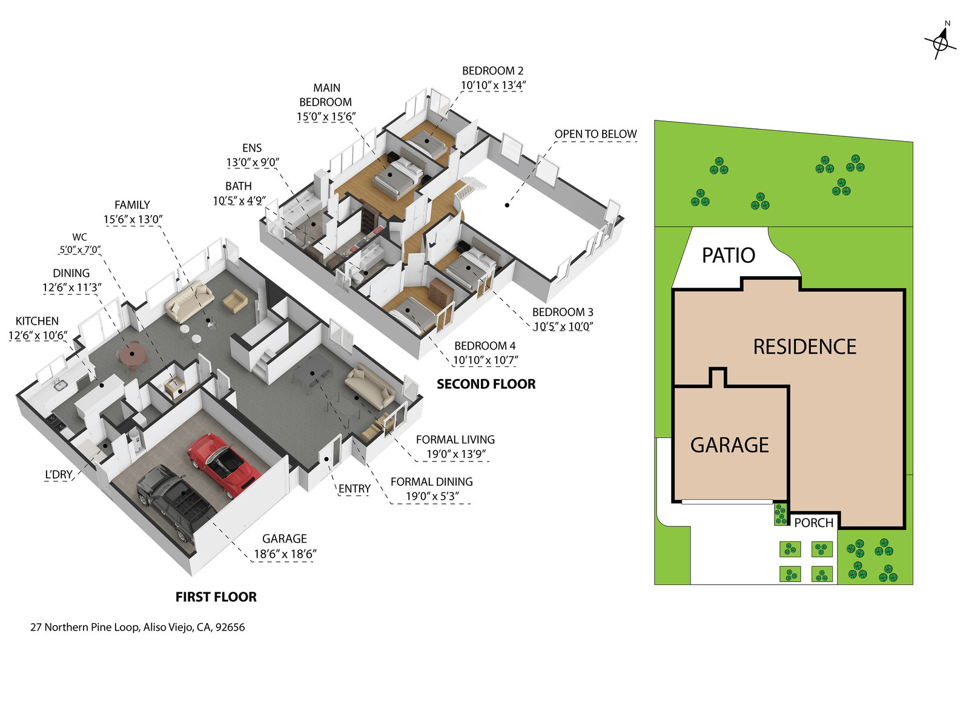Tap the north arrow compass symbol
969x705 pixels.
coord(941,42)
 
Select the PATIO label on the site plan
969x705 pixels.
coord(728,256)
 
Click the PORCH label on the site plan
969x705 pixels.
coord(813,523)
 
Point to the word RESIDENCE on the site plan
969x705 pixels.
coord(804,347)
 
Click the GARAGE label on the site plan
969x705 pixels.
coord(729,445)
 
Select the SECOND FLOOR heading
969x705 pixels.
coord(486,384)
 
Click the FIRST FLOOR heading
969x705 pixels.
coord(216,597)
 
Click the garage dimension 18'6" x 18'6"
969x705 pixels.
coord(285,554)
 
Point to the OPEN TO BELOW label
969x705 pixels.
coord(595,134)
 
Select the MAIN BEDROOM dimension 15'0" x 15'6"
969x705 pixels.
coord(326,117)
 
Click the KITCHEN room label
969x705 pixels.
coord(37,321)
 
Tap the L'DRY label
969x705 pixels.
coord(59,474)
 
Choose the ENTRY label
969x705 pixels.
coord(354,489)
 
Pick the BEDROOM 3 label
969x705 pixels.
coord(563,312)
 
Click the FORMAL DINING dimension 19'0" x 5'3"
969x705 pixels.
coord(432,497)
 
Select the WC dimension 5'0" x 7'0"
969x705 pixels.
coord(79,250)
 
